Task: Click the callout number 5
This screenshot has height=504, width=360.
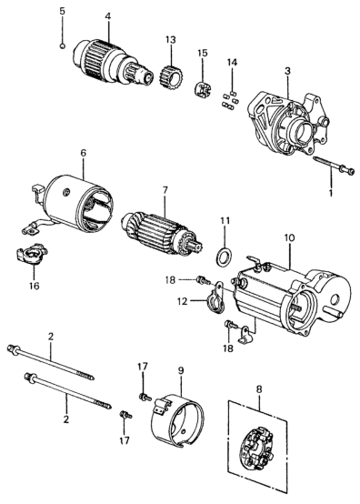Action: pos(62,11)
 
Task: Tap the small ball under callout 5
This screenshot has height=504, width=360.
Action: pos(63,45)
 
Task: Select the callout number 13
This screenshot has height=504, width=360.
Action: pos(171,40)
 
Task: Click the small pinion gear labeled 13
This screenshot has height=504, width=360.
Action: pos(170,78)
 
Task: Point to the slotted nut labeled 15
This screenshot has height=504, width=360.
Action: pos(204,89)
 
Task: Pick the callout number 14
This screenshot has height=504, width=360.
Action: pos(232,63)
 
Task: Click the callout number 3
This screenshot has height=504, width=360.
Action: pos(287,71)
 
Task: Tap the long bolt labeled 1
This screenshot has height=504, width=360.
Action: pos(334,166)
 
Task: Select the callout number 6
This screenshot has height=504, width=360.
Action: pos(83,153)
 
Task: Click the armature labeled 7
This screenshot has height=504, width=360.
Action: pos(162,234)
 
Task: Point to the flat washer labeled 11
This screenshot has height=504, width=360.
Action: pos(224,257)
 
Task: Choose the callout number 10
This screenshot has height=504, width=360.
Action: pos(289,238)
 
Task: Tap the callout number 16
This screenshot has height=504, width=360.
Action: pos(34,286)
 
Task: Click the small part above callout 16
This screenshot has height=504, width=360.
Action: pos(32,254)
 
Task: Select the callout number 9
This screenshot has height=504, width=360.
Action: pos(181,370)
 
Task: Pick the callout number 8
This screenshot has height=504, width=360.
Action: pos(259,389)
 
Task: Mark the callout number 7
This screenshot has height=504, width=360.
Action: pos(165,190)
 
